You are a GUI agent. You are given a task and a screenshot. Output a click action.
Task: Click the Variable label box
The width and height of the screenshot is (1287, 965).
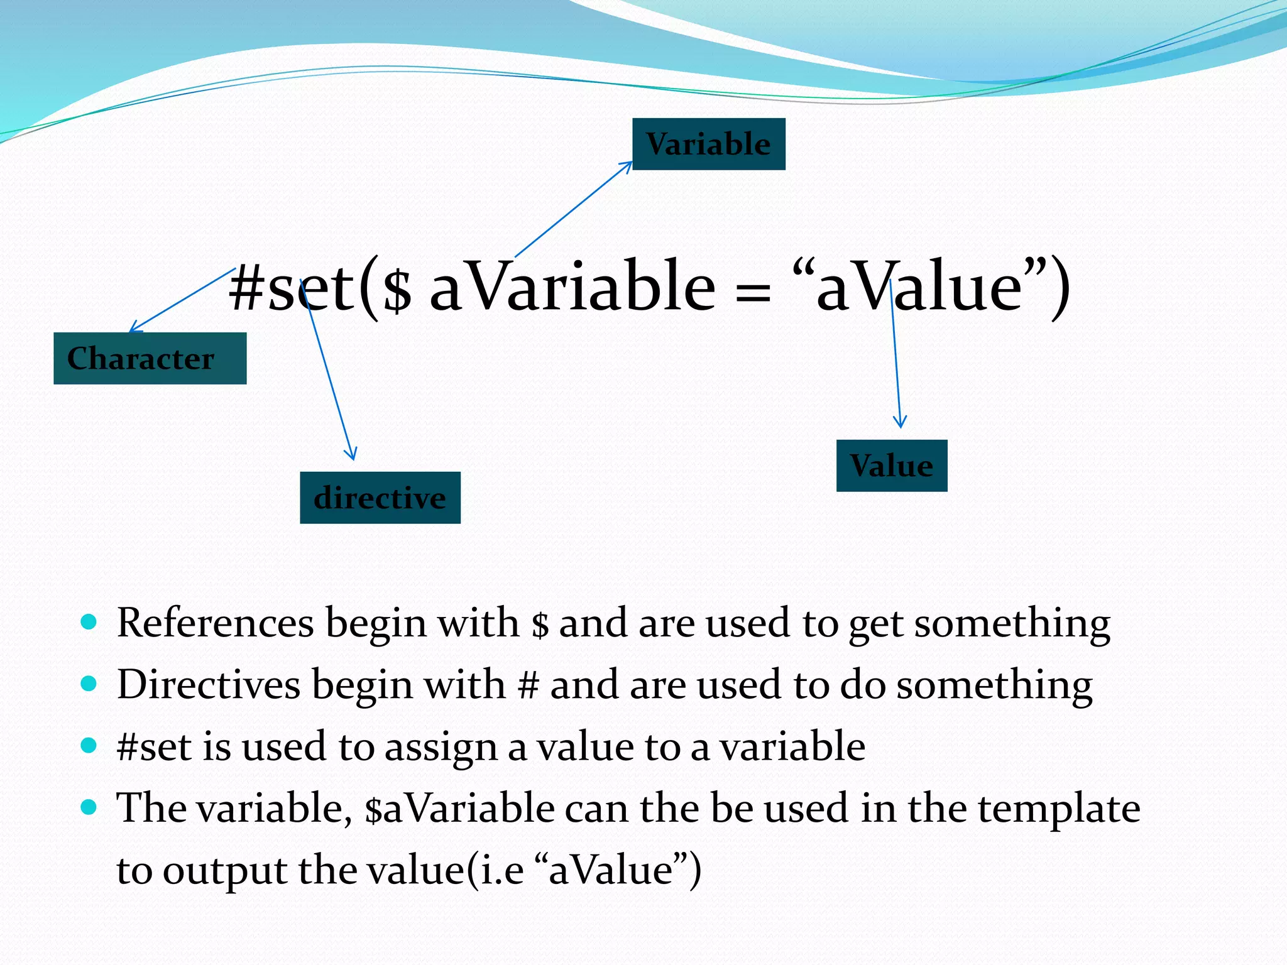(x=708, y=144)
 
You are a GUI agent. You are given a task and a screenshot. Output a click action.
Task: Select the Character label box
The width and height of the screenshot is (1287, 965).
(x=150, y=359)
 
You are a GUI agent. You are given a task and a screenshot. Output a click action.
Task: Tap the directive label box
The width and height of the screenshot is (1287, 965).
(x=380, y=498)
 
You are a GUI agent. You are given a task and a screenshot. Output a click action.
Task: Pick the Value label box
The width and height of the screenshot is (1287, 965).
(x=891, y=466)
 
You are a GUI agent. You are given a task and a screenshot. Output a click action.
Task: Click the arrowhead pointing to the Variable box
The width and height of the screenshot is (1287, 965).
(x=627, y=165)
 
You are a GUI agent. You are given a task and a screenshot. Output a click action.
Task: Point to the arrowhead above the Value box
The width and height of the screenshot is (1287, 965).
(x=900, y=423)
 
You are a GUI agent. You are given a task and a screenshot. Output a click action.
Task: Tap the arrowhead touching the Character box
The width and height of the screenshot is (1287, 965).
(x=134, y=327)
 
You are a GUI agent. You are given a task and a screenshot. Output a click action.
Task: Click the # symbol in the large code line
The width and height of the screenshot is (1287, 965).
(x=246, y=288)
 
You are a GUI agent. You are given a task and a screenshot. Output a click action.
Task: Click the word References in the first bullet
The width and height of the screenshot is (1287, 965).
(x=215, y=623)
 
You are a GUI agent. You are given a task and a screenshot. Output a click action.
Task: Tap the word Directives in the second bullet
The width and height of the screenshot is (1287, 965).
(x=209, y=685)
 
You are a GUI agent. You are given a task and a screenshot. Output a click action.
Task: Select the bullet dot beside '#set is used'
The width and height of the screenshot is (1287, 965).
(x=89, y=746)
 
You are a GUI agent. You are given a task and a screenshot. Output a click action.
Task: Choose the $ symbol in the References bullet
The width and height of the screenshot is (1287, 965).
(x=540, y=624)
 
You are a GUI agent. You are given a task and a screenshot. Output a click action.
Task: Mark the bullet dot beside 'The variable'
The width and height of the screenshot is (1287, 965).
(x=89, y=807)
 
